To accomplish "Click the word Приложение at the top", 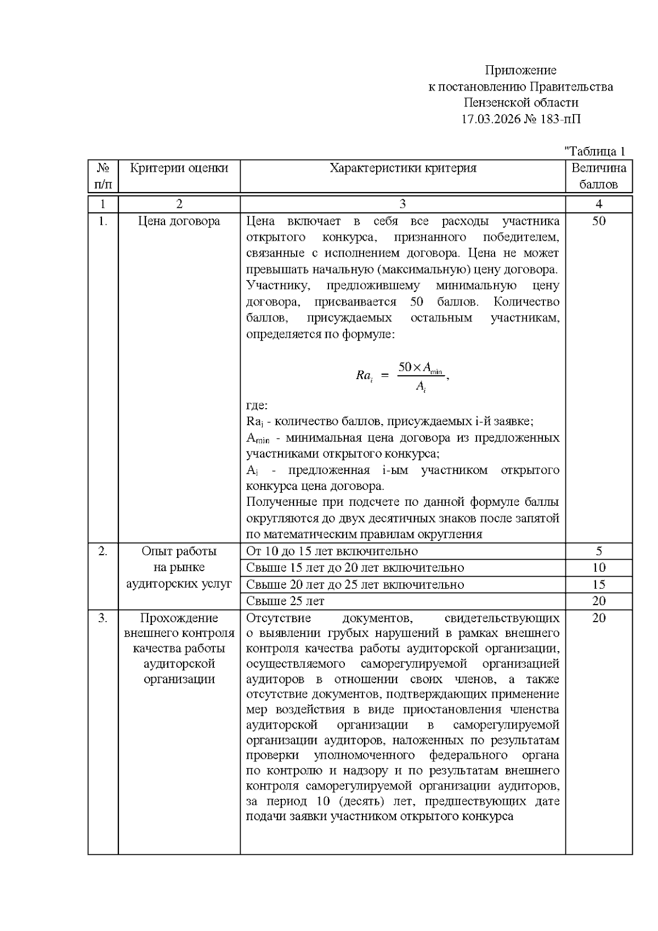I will tap(520, 70).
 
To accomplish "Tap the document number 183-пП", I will tap(559, 119).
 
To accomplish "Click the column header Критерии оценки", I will tap(179, 168).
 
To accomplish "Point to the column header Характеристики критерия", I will tap(402, 168).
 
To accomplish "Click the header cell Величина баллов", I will tap(599, 176).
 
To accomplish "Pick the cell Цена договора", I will tap(179, 221).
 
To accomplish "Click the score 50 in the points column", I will tap(599, 221).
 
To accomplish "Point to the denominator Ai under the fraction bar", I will tap(421, 387).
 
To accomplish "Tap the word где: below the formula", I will tap(257, 405).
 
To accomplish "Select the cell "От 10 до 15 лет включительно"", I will tap(332, 551).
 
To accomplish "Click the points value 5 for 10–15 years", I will tap(599, 551).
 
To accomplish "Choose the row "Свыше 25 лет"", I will tap(285, 601).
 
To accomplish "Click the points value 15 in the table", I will tap(599, 585).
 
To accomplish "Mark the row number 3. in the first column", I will tap(103, 618).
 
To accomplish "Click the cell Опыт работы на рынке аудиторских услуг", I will tap(179, 567).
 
